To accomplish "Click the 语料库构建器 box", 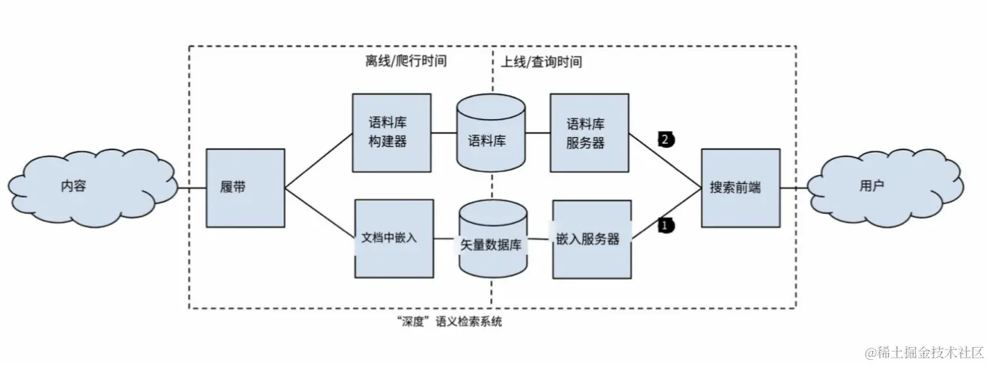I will pos(391,132).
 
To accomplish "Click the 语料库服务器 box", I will pos(589,132).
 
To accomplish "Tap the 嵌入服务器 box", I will pos(591,239).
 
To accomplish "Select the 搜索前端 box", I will pos(740,188).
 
